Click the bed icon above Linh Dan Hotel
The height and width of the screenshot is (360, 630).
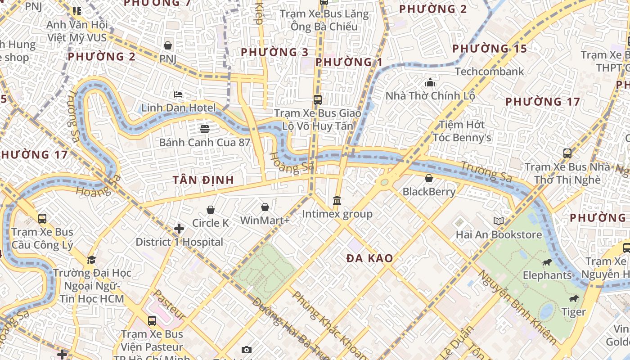(178, 94)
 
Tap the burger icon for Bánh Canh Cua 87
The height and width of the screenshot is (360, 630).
(205, 129)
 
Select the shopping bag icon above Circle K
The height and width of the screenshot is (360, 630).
(210, 210)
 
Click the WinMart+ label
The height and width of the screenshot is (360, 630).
(265, 220)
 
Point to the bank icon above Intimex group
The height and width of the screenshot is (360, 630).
(337, 200)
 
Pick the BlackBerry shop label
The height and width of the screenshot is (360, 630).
(429, 192)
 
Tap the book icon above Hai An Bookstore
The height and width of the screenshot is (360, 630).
(498, 221)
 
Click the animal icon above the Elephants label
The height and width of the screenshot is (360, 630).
(547, 262)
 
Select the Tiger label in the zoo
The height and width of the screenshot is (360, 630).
(573, 312)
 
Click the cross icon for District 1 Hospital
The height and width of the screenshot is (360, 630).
(179, 229)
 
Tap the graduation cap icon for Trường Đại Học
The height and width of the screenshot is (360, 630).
(92, 260)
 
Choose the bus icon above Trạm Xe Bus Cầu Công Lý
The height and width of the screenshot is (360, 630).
(42, 219)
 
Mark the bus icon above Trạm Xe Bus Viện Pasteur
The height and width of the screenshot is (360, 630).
(152, 321)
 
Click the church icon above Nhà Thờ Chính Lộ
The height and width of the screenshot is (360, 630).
(430, 82)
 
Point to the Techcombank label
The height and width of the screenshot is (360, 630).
(489, 72)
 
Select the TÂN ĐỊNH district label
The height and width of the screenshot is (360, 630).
(203, 180)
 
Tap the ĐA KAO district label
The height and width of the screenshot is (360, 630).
(369, 258)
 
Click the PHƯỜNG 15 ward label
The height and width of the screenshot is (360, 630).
(489, 49)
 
